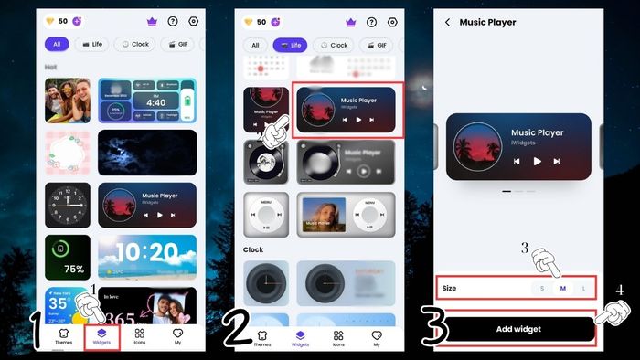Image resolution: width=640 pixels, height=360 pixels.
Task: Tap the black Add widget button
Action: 517,329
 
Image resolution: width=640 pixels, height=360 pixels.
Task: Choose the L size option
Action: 582,289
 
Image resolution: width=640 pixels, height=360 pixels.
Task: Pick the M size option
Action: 562,289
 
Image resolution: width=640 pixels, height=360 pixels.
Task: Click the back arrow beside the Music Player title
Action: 447,22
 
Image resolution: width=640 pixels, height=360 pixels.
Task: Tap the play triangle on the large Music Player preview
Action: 538,161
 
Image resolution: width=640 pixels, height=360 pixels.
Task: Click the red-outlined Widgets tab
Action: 101,338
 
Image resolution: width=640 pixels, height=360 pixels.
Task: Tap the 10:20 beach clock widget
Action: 147,257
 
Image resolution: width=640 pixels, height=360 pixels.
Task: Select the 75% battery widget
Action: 68,257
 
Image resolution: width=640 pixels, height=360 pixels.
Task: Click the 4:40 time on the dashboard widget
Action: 156,102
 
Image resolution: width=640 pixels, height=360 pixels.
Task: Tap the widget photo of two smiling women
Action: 68,101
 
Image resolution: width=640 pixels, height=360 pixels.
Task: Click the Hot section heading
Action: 53,67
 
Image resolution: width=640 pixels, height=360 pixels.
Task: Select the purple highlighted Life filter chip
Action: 291,44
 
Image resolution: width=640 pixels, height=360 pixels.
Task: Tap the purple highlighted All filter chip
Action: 57,44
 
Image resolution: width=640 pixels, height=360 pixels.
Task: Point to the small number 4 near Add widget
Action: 619,291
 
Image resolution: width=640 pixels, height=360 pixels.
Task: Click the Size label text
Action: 449,289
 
